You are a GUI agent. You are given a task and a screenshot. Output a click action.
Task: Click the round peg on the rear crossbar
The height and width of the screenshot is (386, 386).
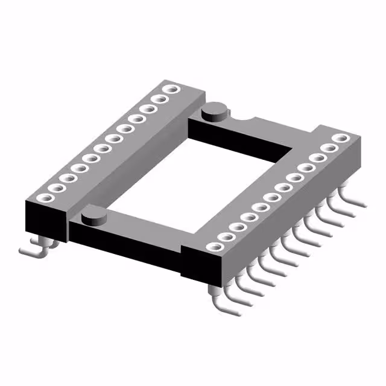pos(214,111)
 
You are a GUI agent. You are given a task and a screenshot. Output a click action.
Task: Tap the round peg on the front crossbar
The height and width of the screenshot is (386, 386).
pos(92,215)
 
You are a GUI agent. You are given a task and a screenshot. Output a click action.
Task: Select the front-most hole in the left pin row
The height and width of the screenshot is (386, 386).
pos(43,197)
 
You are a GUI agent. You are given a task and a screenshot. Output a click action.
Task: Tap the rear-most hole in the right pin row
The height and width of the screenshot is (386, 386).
pos(343,138)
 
